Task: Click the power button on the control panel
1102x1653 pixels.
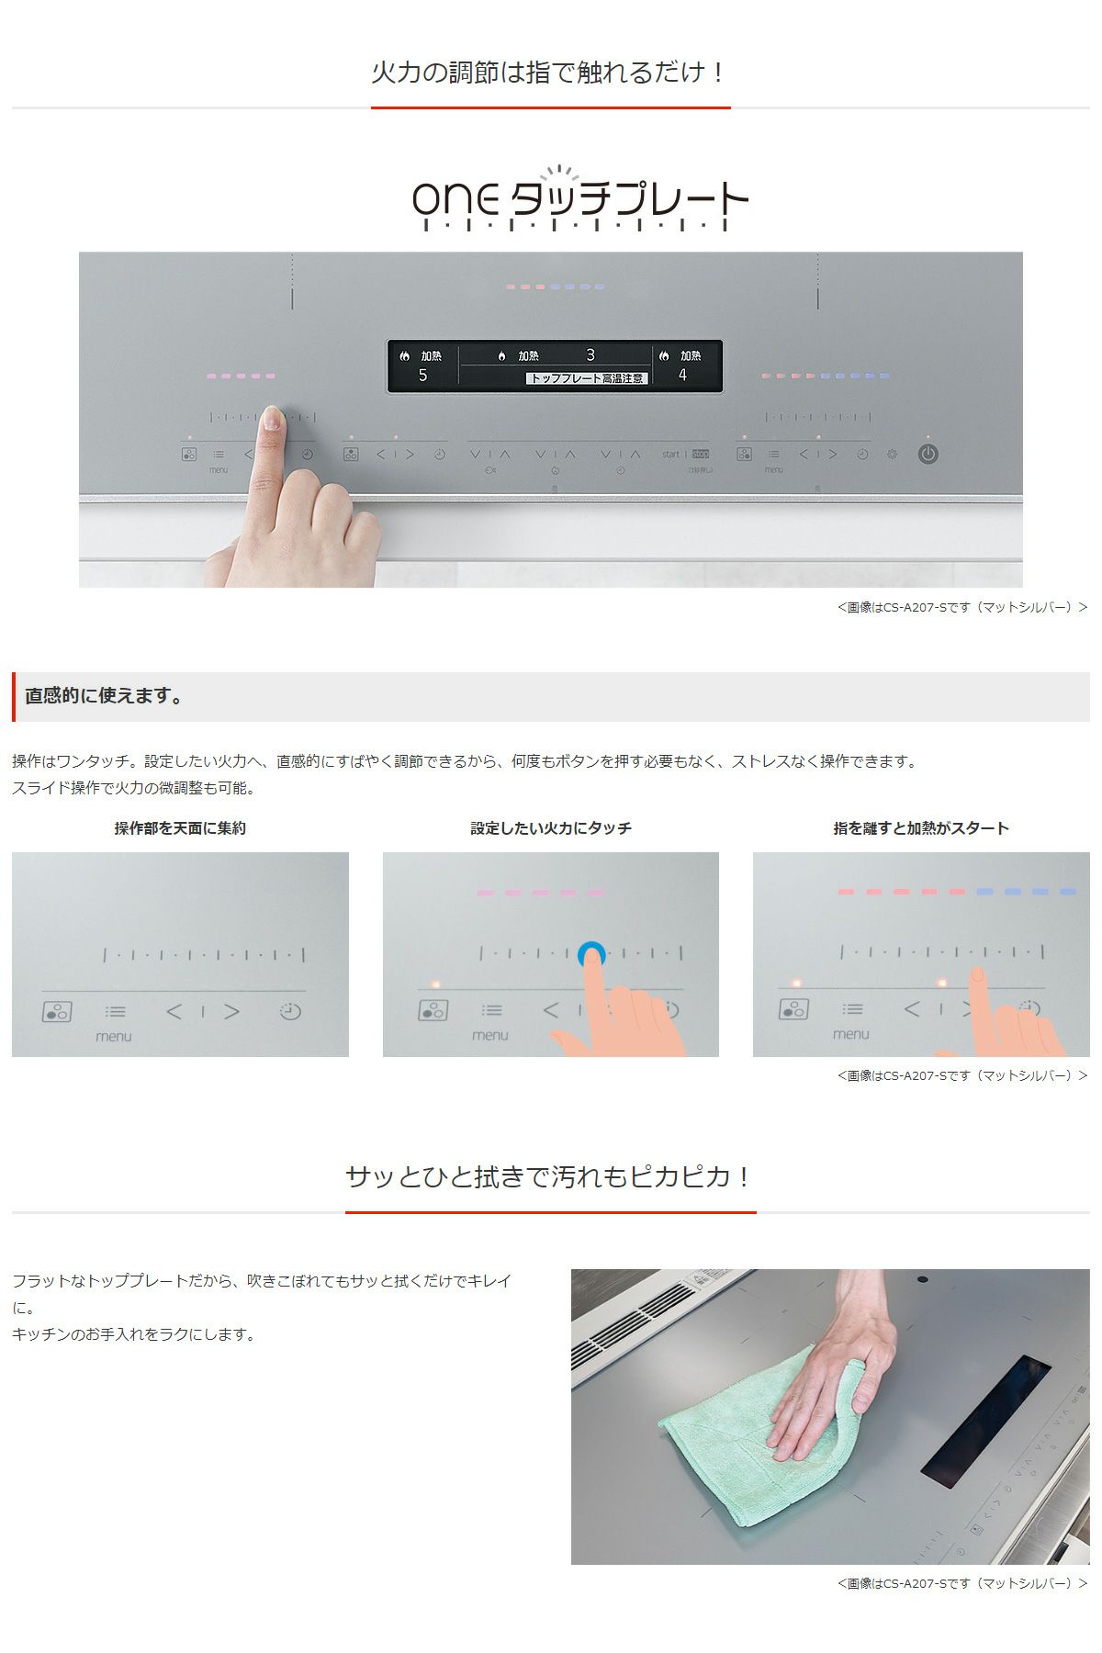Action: coord(928,454)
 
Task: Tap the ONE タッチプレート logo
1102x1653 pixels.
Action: coord(580,198)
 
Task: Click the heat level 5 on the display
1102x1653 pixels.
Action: coord(422,375)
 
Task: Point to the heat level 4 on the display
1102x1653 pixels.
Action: coord(682,375)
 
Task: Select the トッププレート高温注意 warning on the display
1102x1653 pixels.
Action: coord(587,378)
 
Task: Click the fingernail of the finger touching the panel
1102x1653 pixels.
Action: coord(271,418)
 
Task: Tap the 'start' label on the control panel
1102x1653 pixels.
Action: coord(670,454)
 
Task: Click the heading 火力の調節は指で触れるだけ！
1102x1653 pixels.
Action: coord(550,72)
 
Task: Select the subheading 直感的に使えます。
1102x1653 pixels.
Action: coord(105,696)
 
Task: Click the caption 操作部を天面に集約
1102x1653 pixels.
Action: coord(180,828)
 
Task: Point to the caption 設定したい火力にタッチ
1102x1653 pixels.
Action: coord(551,828)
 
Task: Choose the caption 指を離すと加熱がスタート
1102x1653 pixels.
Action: coord(921,828)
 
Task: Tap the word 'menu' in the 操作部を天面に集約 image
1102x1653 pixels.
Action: coord(114,1037)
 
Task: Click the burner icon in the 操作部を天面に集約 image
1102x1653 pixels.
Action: coord(57,1012)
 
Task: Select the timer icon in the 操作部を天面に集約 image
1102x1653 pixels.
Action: coord(290,1011)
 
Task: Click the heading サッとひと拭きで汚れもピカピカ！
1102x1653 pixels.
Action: coord(550,1176)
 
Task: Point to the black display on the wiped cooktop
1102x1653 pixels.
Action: coord(985,1421)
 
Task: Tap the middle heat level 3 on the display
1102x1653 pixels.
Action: coord(590,355)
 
